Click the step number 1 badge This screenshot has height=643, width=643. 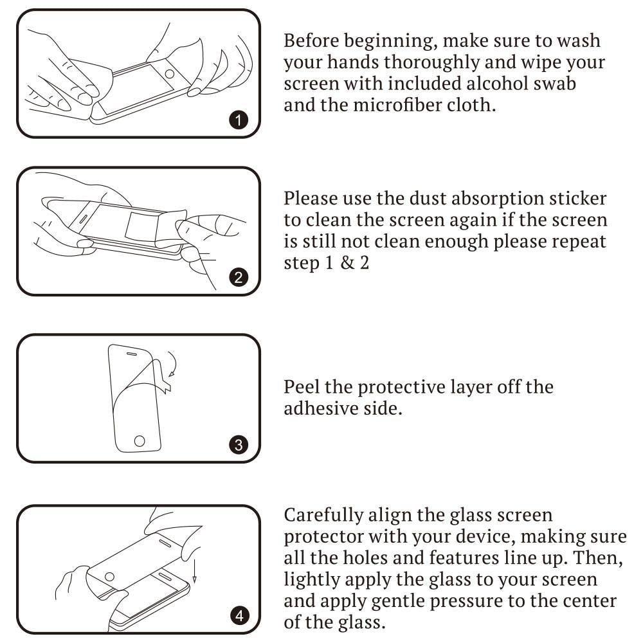tap(239, 120)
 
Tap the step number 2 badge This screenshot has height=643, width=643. tap(239, 278)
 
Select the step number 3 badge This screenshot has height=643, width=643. tap(239, 445)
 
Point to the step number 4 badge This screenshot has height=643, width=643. tap(239, 615)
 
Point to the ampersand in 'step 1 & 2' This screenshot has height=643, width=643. tap(347, 263)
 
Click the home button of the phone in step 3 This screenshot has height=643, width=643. tap(140, 441)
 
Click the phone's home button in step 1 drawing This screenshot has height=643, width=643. tap(169, 74)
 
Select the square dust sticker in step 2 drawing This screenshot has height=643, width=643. tap(141, 226)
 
